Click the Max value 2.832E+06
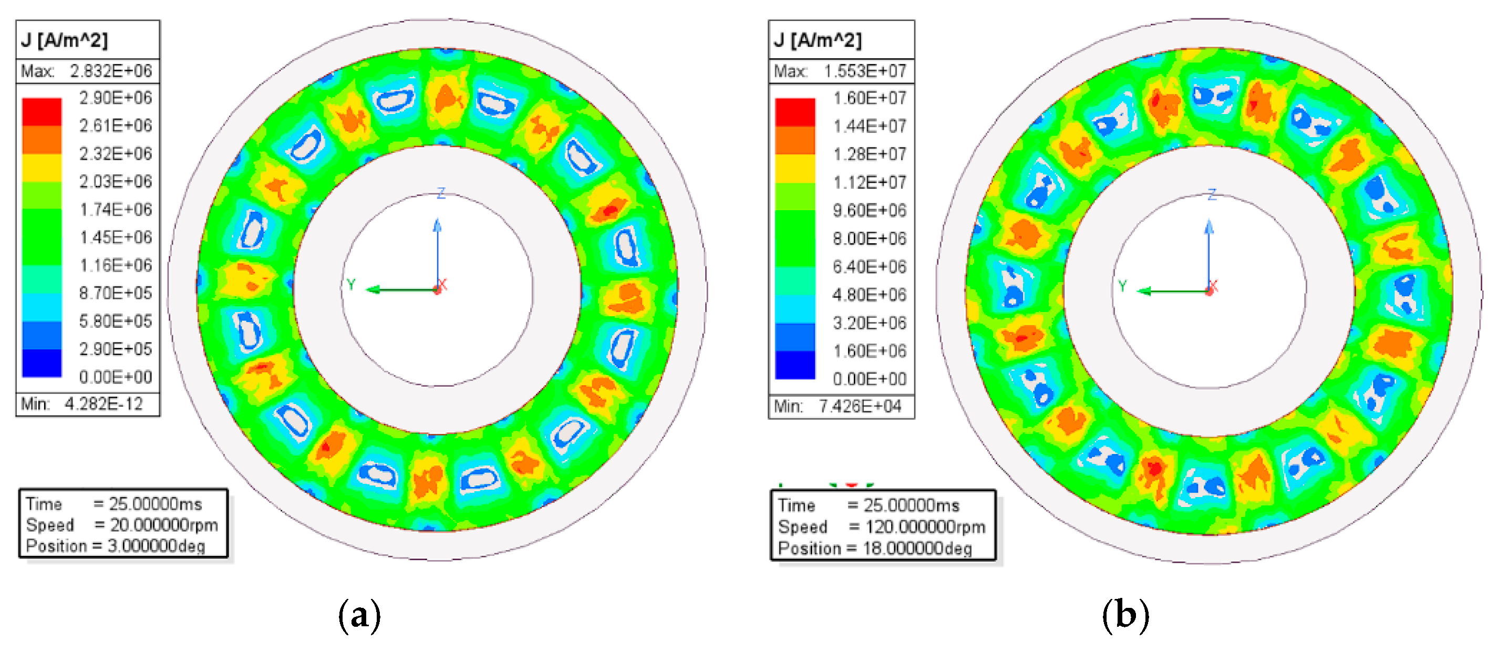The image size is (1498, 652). click(111, 71)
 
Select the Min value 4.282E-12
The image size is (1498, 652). click(104, 403)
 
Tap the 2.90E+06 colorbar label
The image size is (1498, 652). click(116, 98)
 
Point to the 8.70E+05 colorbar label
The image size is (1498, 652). click(116, 293)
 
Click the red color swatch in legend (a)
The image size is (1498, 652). click(42, 112)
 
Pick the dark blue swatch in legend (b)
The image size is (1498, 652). click(795, 365)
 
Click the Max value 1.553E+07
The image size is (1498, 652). click(865, 71)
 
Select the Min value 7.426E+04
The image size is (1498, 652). click(860, 406)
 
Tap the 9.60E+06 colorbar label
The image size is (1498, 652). click(870, 211)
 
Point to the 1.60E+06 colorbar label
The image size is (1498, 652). click(870, 351)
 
